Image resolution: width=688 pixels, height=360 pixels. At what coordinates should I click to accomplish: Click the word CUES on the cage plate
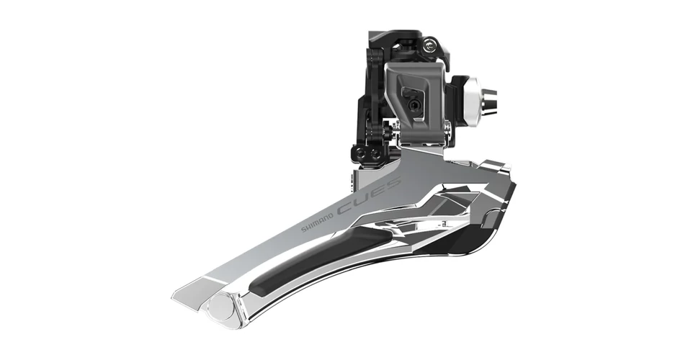[369, 196]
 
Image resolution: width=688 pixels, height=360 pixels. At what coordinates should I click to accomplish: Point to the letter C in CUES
[345, 209]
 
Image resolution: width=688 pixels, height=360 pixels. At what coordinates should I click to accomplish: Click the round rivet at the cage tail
[221, 307]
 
